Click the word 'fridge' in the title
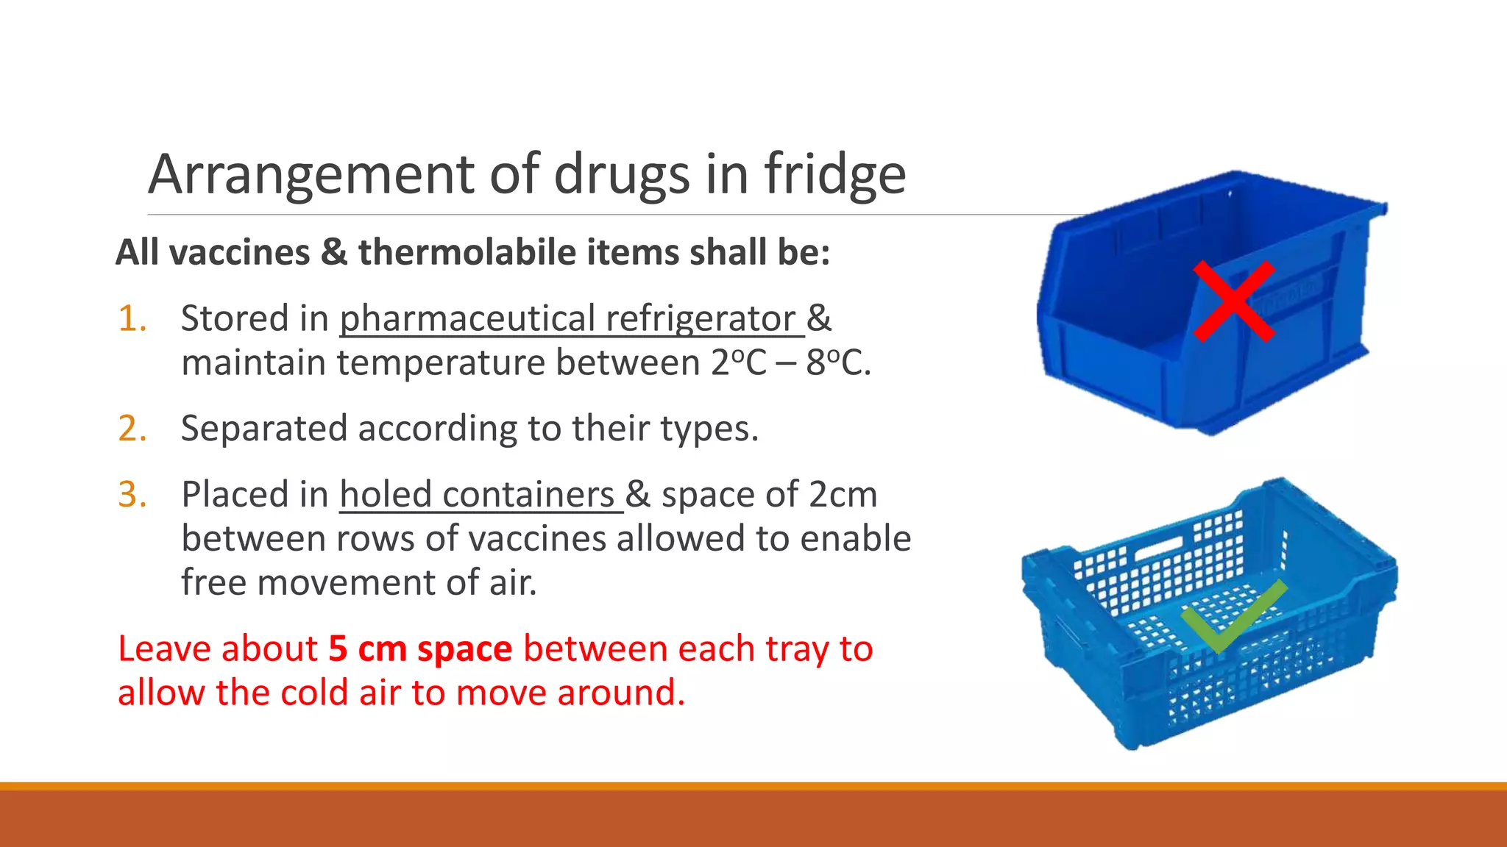pyautogui.click(x=834, y=175)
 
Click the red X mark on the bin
pyautogui.click(x=1233, y=301)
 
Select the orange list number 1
pyautogui.click(x=132, y=319)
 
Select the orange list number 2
pyautogui.click(x=132, y=429)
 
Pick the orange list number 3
pyautogui.click(x=132, y=494)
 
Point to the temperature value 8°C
pyautogui.click(x=837, y=363)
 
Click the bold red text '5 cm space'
pyautogui.click(x=419, y=648)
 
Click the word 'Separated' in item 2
pyautogui.click(x=263, y=429)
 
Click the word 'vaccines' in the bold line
pyautogui.click(x=240, y=252)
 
